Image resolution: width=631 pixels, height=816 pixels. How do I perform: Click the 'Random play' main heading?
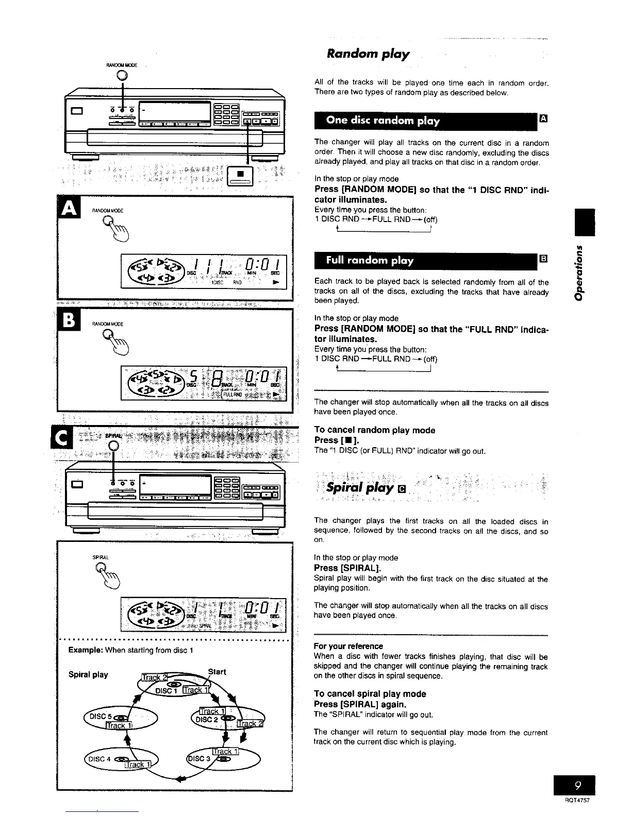[368, 54]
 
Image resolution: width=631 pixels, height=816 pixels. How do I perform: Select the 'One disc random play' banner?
[383, 121]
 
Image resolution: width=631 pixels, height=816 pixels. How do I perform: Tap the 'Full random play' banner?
[370, 260]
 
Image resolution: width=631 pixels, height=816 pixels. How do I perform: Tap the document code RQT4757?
[577, 802]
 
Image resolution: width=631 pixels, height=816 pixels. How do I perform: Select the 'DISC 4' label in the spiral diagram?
[100, 758]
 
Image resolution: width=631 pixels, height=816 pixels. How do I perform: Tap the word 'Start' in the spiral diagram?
[217, 671]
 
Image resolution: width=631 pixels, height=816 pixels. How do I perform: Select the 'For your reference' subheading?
[348, 646]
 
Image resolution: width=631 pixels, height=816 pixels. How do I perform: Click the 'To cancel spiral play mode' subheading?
[370, 694]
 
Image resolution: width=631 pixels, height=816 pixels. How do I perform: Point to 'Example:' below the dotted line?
[85, 650]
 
